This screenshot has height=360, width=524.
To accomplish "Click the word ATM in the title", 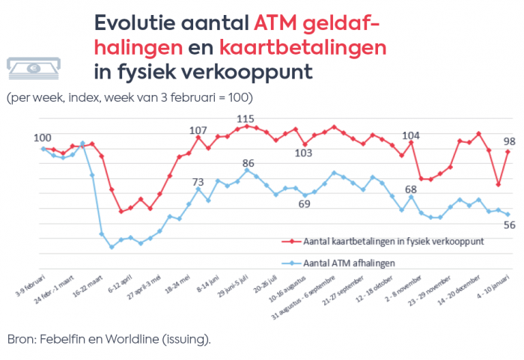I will (277, 23).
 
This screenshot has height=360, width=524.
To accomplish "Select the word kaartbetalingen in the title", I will (303, 48).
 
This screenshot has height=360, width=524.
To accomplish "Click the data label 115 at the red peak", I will (246, 119).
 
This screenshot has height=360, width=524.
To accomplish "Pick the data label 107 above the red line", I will (198, 131).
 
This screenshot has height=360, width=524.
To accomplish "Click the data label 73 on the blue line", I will (198, 181).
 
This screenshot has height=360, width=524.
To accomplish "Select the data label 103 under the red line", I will (302, 153).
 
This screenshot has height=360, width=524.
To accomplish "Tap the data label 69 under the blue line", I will (304, 204).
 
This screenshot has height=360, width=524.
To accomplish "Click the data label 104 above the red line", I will (411, 135).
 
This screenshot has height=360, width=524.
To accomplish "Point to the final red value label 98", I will (508, 141).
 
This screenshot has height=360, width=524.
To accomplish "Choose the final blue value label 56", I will (508, 225).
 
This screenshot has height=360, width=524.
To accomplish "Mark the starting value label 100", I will (42, 137).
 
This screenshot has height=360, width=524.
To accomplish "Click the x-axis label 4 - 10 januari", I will (495, 284).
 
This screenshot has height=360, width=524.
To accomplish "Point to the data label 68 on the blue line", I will (411, 189).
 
